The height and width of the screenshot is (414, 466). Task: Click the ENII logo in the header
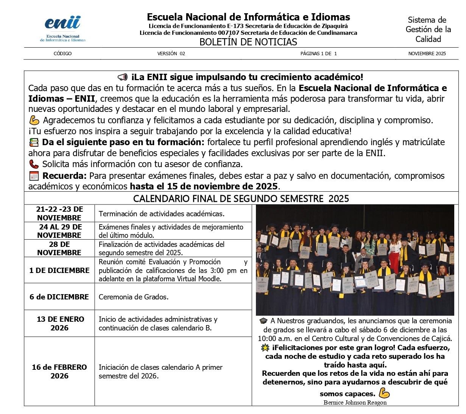63,28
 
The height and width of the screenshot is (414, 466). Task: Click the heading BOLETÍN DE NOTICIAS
248,42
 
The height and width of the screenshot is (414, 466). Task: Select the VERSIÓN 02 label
171,54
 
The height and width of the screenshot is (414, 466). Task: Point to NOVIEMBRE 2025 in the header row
427,54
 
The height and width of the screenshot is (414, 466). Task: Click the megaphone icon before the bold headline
123,78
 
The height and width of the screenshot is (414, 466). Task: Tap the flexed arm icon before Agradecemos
34,121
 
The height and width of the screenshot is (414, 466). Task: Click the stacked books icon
34,143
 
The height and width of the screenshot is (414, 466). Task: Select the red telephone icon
34,164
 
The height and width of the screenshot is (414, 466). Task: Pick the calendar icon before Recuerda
34,176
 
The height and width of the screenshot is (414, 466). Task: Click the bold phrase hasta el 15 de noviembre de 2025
204,186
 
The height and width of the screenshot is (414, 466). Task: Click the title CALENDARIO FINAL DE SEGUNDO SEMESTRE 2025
241,198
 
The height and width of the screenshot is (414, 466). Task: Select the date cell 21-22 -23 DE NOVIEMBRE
59,214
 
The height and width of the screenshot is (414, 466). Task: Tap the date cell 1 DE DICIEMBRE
59,270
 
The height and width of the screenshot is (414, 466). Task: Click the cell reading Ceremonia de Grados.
134,297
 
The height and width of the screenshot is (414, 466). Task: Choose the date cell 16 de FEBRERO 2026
59,371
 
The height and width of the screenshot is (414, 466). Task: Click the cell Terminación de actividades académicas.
162,214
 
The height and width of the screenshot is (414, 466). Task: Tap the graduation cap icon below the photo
263,321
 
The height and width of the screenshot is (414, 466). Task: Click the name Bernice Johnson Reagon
355,402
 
